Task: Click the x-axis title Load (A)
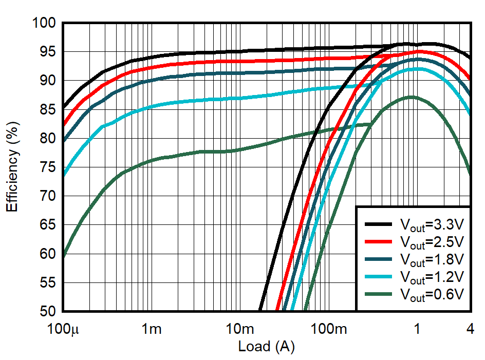tap(266, 347)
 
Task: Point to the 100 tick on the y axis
tap(45, 23)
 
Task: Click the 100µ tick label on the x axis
tap(64, 329)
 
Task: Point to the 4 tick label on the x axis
tap(470, 329)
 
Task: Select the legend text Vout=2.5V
tap(432, 242)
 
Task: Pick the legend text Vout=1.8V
tap(432, 259)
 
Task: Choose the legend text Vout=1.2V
tap(432, 277)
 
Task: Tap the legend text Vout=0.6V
tap(432, 294)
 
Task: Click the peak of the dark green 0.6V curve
tap(411, 97)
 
